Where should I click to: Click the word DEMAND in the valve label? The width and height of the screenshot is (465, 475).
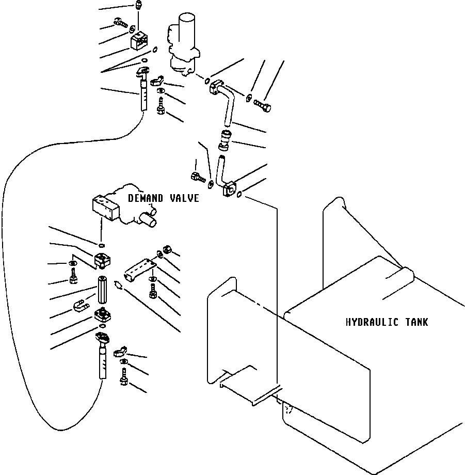(145, 198)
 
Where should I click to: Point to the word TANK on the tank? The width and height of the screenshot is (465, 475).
(416, 322)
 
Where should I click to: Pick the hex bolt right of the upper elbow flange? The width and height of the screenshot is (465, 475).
(263, 107)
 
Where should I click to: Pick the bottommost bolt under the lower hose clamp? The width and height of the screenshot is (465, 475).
(124, 381)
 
